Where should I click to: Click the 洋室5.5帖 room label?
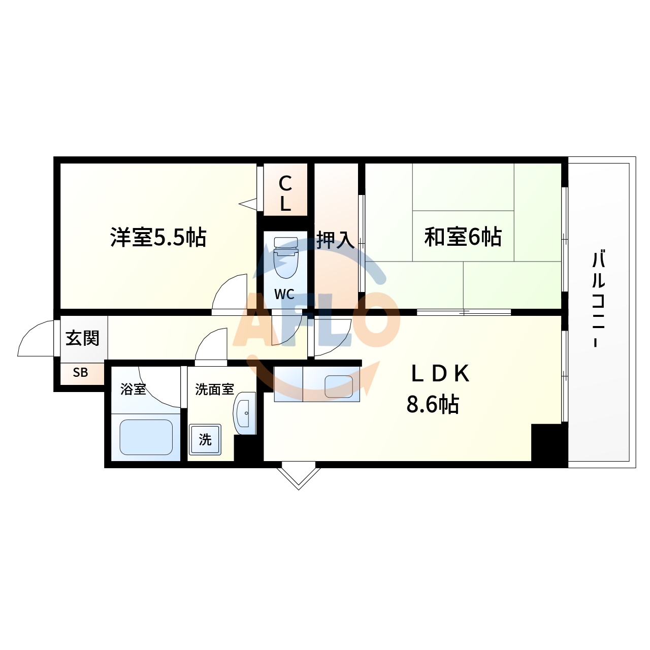pyautogui.click(x=158, y=237)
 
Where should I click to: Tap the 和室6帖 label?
pyautogui.click(x=463, y=237)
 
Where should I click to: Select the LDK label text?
pyautogui.click(x=440, y=374)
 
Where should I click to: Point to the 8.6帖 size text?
pyautogui.click(x=433, y=405)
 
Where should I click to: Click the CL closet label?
pyautogui.click(x=285, y=193)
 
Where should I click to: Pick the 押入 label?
pyautogui.click(x=335, y=240)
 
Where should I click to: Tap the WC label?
pyautogui.click(x=284, y=294)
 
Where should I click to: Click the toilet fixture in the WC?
pyautogui.click(x=285, y=258)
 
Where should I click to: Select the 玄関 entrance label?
pyautogui.click(x=82, y=338)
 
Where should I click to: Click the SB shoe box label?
pyautogui.click(x=80, y=373)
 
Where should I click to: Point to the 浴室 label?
pyautogui.click(x=133, y=389)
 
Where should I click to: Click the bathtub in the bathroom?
pyautogui.click(x=146, y=437)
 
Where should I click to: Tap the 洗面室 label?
pyautogui.click(x=214, y=389)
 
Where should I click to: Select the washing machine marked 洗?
pyautogui.click(x=205, y=439)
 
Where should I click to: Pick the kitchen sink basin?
pyautogui.click(x=339, y=386)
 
